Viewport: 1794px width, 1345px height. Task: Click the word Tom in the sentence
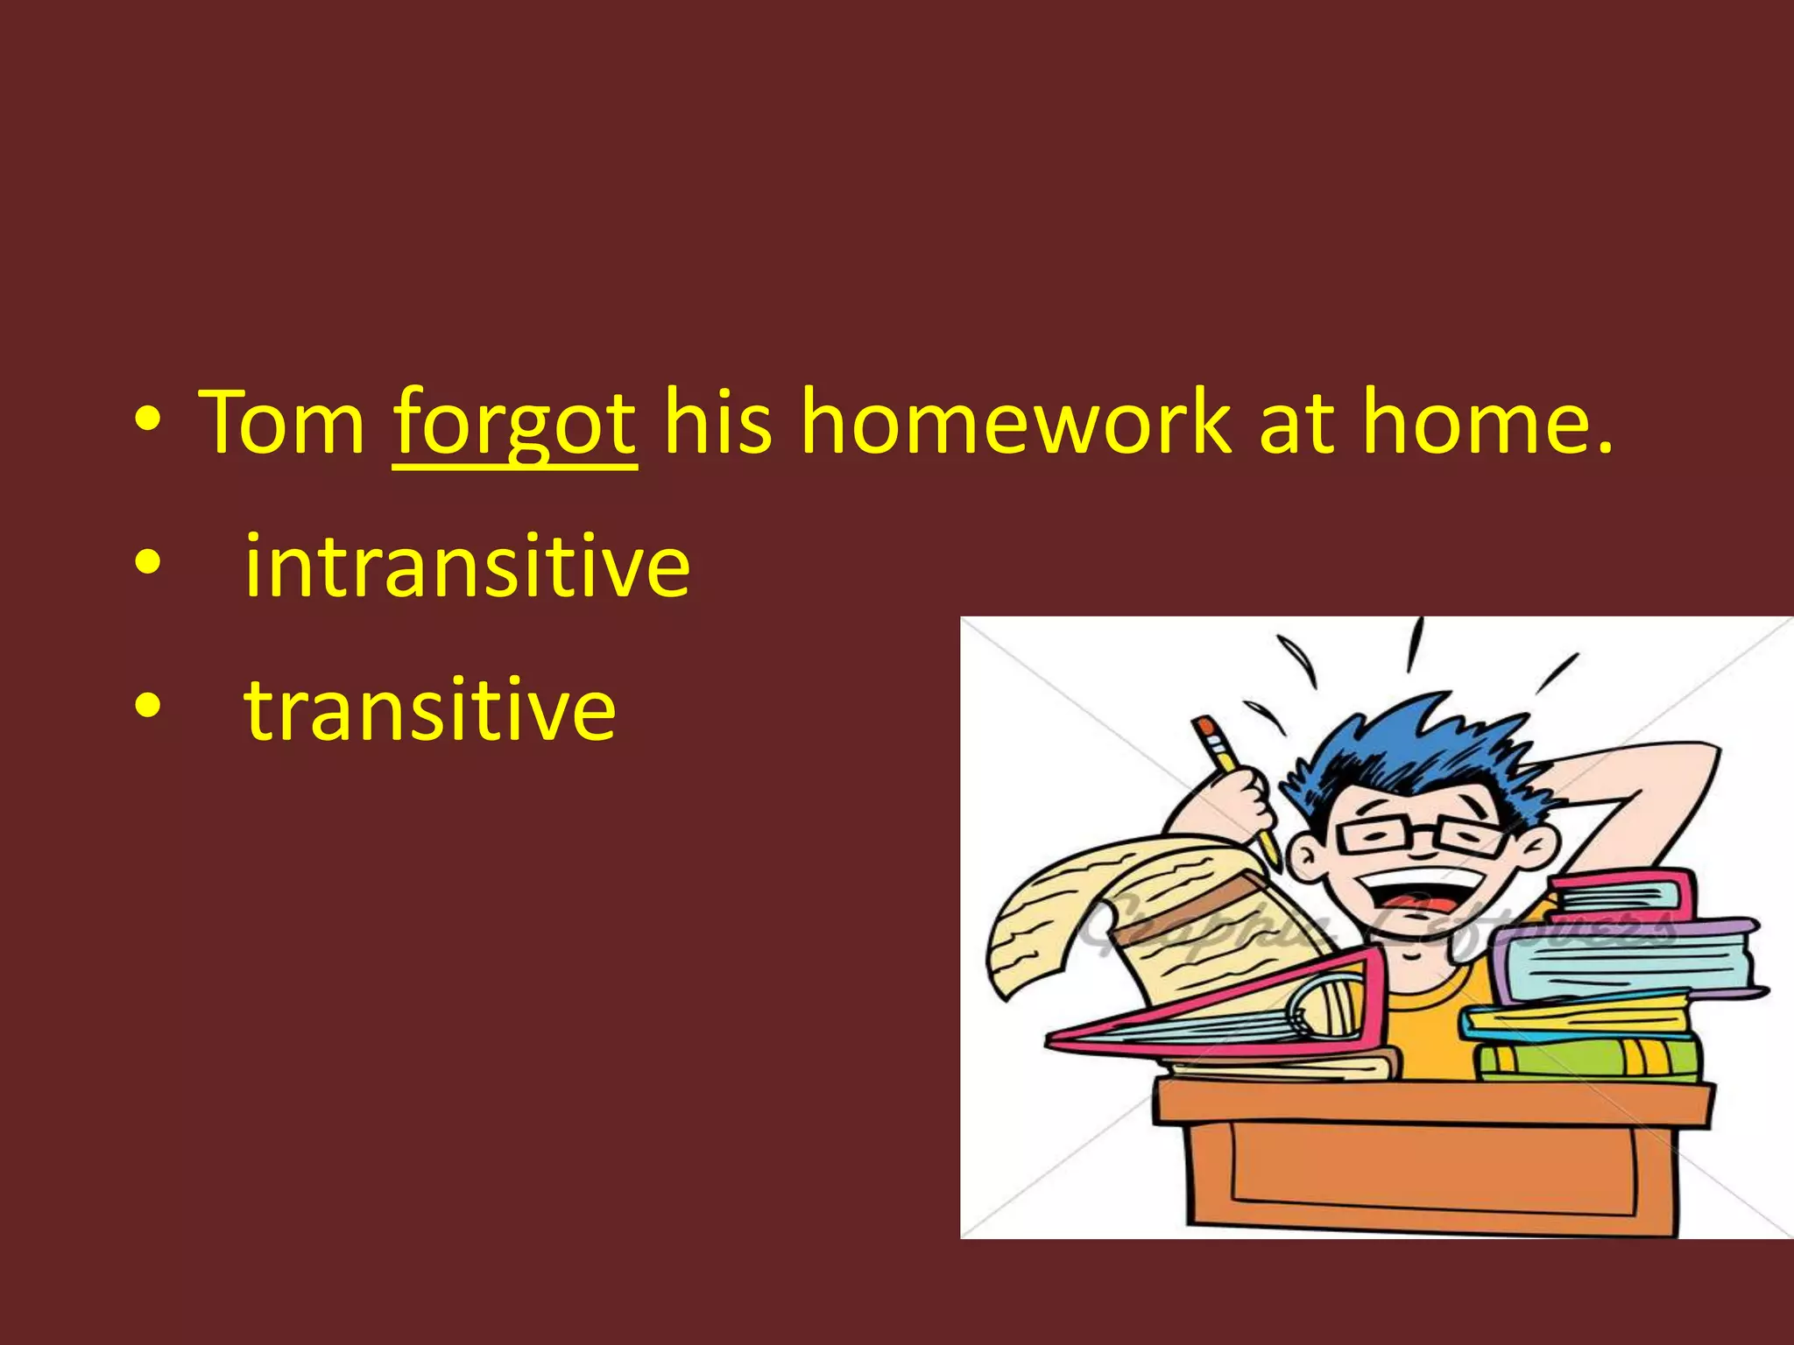(x=282, y=423)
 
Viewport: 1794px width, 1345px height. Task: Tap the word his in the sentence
(x=717, y=423)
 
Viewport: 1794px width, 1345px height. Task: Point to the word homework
(x=1015, y=423)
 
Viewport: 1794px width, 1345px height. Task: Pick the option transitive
(x=429, y=709)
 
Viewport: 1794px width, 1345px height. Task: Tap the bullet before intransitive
(x=148, y=564)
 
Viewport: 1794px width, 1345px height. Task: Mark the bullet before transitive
(x=148, y=707)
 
